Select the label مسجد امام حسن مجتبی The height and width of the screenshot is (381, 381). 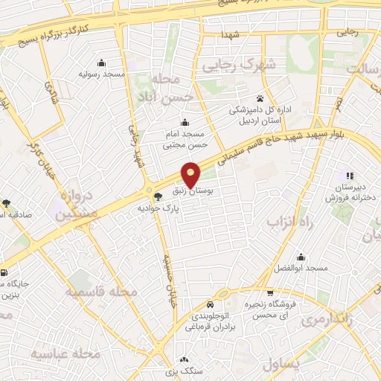click(184, 136)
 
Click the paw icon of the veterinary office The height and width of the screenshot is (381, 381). click(259, 98)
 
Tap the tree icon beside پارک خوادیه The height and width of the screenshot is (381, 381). click(157, 196)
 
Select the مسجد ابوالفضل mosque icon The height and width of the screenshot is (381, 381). click(301, 257)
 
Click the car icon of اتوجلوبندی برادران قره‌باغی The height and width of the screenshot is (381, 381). click(211, 305)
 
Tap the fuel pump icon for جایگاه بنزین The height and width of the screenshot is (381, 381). click(5, 272)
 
